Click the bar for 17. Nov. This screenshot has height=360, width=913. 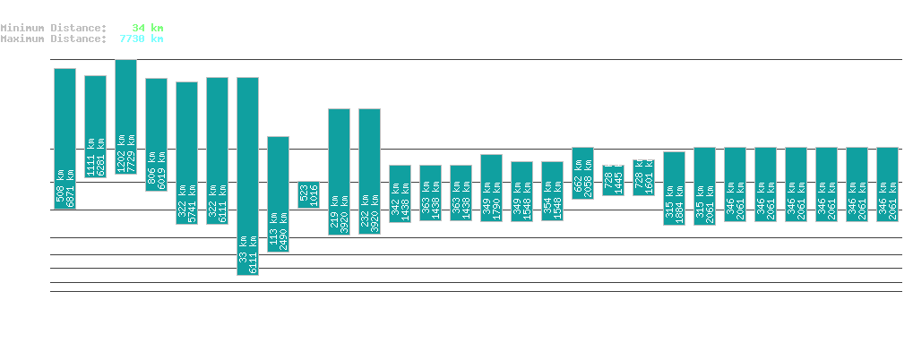click(247, 176)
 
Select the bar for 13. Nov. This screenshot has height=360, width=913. click(125, 116)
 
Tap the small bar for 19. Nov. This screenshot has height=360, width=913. click(308, 194)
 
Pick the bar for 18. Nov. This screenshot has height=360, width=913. click(278, 193)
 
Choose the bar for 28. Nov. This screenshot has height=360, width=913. click(582, 173)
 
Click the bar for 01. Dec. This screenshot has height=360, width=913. click(674, 188)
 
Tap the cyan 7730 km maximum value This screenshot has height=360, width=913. click(142, 39)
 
